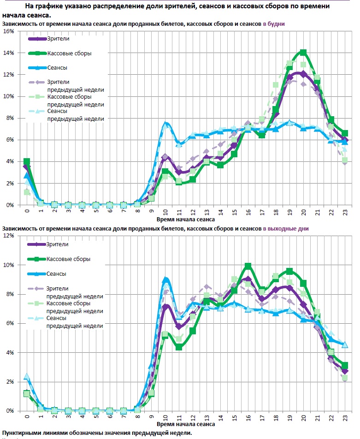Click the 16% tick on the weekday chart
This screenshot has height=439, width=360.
8,31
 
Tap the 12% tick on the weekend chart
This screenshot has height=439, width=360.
8,236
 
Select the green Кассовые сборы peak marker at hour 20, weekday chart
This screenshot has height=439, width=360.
303,53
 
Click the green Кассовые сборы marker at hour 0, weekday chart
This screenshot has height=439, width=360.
27,162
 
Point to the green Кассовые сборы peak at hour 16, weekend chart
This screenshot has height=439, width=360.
248,266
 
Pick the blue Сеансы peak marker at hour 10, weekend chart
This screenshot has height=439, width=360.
165,280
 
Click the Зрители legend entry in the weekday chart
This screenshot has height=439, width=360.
58,39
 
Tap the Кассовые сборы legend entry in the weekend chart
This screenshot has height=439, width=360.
69,259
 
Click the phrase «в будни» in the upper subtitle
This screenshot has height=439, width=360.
274,23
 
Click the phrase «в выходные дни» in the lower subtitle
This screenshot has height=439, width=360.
286,228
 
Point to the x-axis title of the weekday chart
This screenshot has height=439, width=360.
186,220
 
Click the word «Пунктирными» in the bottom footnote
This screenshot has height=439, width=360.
24,433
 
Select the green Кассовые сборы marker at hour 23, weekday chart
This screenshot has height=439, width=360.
345,133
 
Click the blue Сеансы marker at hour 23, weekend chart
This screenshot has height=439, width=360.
345,344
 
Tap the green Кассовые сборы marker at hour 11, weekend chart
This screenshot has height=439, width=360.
179,347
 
